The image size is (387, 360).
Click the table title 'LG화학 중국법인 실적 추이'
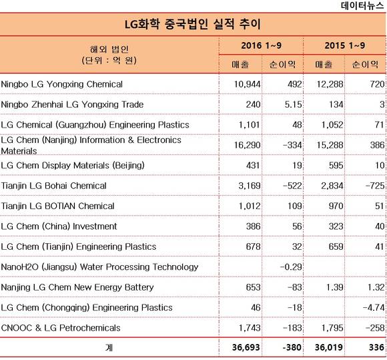[193, 25]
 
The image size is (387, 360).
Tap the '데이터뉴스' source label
[362, 5]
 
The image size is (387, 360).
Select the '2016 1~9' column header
[261, 45]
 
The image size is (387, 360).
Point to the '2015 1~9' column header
[344, 45]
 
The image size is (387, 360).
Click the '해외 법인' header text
[109, 49]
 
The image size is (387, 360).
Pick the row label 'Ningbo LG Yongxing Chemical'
[61, 84]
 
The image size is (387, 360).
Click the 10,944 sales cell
[247, 84]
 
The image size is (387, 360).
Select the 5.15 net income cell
[293, 104]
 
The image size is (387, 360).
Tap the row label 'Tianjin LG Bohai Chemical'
[54, 186]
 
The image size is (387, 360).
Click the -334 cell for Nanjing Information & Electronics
[292, 145]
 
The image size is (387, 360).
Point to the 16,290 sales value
[247, 145]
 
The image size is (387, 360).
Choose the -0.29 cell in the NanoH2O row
[291, 267]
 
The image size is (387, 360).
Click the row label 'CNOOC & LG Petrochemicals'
[61, 328]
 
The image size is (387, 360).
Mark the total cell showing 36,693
[246, 348]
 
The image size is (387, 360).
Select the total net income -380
[292, 348]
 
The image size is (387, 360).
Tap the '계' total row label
[109, 348]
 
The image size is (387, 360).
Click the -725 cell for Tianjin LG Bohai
[375, 186]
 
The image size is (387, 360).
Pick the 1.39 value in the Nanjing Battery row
[335, 287]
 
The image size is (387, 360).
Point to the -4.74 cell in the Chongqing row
[374, 308]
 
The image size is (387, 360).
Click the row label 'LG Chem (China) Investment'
[59, 226]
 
